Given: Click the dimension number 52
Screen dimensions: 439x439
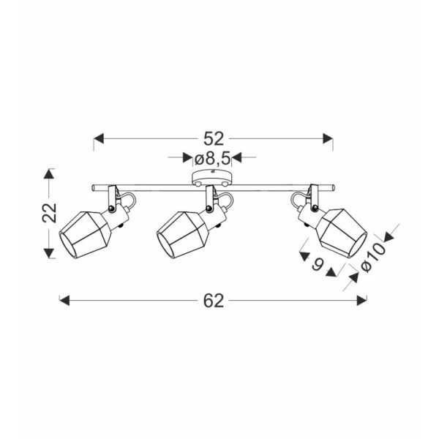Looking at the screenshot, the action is click(x=214, y=139).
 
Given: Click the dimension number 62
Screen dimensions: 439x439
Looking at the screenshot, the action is click(x=214, y=301).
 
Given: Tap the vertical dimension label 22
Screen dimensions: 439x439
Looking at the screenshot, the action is click(x=50, y=212).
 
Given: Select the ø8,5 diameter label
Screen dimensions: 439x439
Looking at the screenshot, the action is click(x=212, y=159).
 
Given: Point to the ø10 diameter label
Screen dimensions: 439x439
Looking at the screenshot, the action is click(x=374, y=257).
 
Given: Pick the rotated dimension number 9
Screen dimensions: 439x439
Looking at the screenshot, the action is click(x=318, y=264).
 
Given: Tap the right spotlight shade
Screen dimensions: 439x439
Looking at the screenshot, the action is click(x=342, y=232).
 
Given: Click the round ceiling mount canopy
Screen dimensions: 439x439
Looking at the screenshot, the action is click(x=212, y=178).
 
